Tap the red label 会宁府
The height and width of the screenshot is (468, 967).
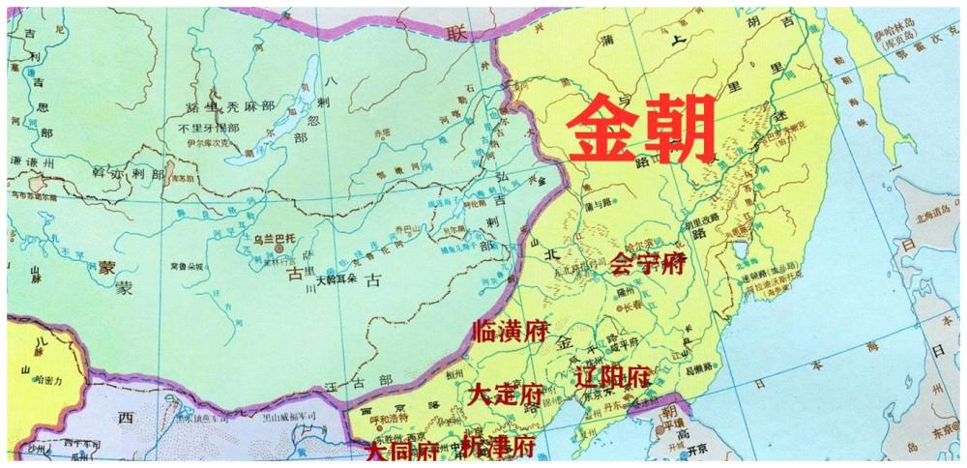coord(648,262)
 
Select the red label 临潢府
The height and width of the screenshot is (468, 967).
coord(510,332)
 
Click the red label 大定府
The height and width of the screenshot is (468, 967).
coord(504,394)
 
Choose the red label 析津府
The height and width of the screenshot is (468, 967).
coord(497,447)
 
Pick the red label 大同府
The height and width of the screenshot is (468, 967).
coord(399,452)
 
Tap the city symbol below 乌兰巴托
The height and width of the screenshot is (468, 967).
coord(280,248)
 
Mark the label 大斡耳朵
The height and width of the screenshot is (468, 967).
coord(338,282)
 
